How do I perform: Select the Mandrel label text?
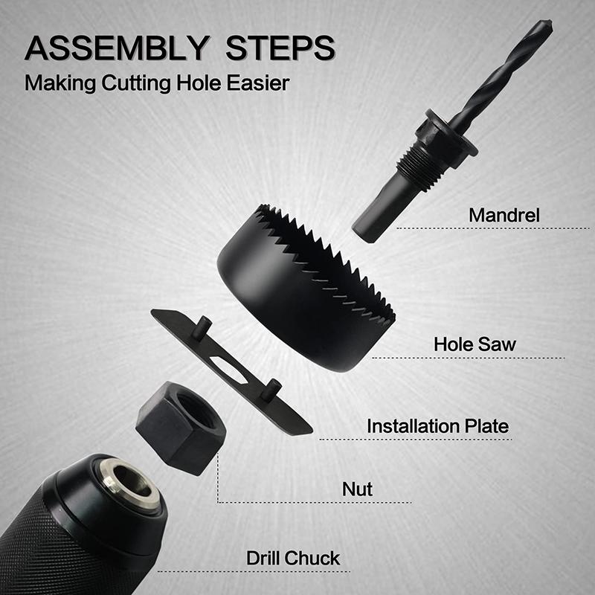504,216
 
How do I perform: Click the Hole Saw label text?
475,344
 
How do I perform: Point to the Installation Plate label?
437,427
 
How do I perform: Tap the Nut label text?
357,490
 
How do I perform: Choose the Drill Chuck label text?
293,558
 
